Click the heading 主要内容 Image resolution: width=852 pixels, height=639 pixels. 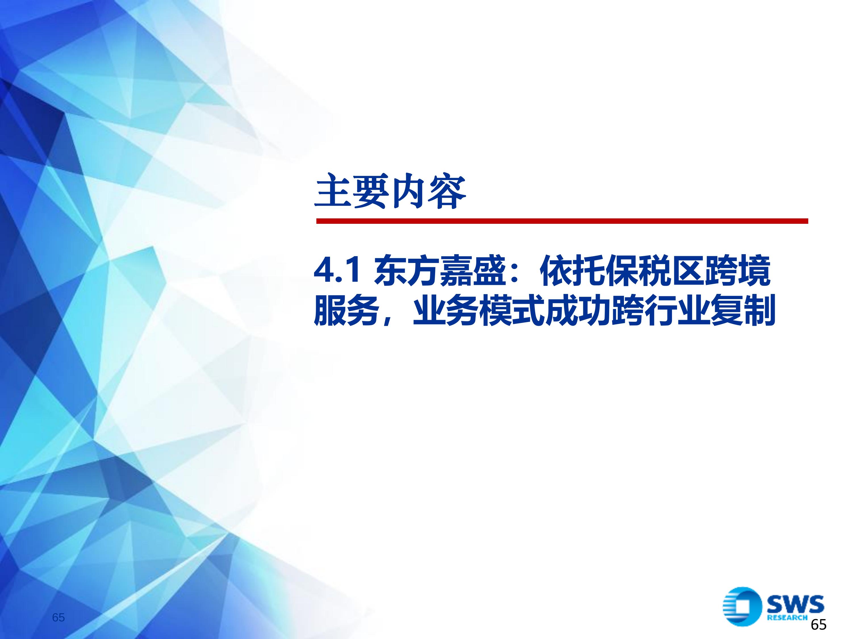pos(390,191)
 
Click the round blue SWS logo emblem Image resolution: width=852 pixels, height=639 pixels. pos(742,607)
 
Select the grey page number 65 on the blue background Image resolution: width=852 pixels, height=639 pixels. pos(59,618)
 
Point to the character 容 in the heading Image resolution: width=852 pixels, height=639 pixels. pos(448,191)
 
